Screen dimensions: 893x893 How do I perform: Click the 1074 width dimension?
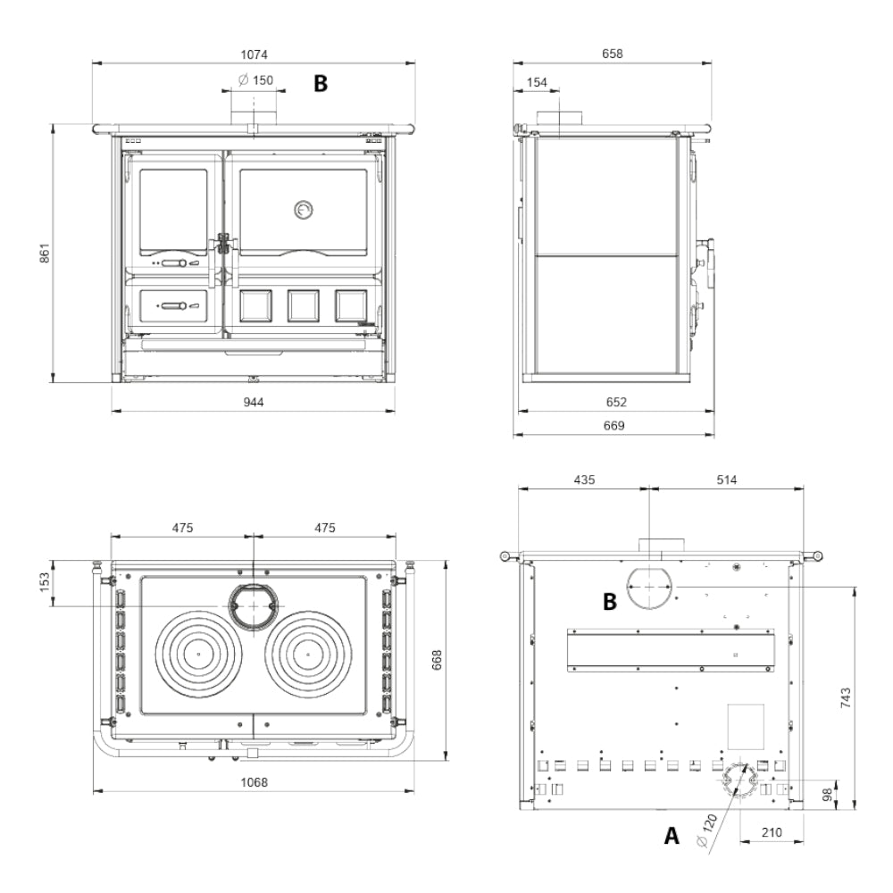pyautogui.click(x=255, y=54)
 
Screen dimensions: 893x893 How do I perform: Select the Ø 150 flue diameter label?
pyautogui.click(x=255, y=80)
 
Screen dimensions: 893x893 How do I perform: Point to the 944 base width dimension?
pyautogui.click(x=254, y=402)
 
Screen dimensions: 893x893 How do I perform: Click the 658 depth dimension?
pyautogui.click(x=612, y=54)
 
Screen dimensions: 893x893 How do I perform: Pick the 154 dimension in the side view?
pyautogui.click(x=537, y=81)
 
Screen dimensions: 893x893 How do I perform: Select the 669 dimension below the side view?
pyautogui.click(x=612, y=426)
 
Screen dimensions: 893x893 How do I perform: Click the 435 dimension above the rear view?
pyautogui.click(x=584, y=480)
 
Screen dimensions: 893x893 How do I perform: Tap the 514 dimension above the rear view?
pyautogui.click(x=727, y=480)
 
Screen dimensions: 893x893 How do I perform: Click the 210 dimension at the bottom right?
pyautogui.click(x=772, y=832)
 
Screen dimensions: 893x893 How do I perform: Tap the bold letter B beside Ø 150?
pyautogui.click(x=319, y=84)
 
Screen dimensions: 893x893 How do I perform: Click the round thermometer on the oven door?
pyautogui.click(x=304, y=209)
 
